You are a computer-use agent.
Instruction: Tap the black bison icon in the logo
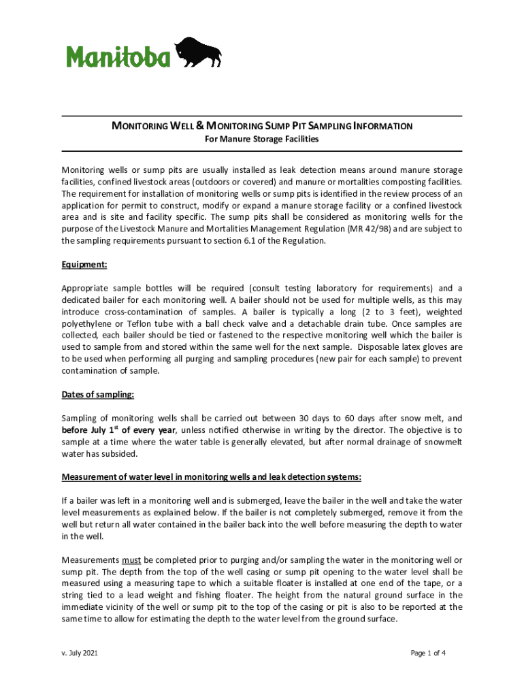pos(198,52)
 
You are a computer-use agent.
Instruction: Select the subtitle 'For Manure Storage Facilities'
pos(262,139)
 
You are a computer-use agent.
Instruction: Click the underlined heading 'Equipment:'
pos(84,264)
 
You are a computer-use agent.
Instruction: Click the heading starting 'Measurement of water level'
pos(212,476)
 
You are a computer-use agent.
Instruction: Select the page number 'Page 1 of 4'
pos(428,653)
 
